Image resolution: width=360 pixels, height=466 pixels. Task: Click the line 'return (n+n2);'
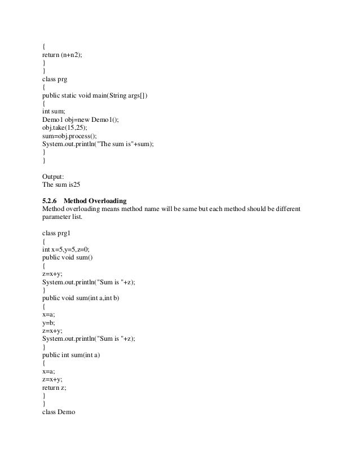[64, 56]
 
